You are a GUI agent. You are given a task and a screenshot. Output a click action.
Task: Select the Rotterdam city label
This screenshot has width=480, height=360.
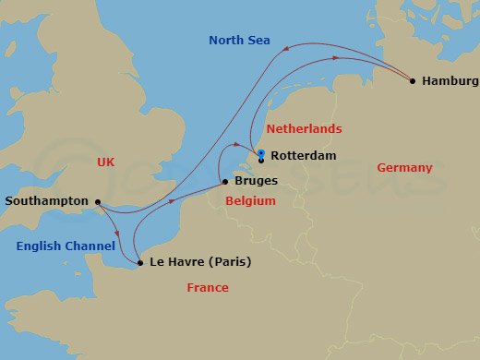(304, 156)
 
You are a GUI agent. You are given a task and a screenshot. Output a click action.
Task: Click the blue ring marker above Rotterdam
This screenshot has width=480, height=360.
(261, 153)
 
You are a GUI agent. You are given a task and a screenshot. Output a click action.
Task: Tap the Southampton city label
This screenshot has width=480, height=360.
(46, 201)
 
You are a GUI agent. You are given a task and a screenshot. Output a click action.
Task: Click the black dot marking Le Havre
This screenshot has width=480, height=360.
(140, 263)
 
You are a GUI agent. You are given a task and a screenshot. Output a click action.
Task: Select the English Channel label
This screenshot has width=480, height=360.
(66, 246)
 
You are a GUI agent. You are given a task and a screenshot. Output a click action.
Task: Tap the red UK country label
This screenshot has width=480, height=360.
(107, 162)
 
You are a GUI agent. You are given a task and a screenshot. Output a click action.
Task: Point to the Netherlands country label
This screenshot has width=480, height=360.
(304, 129)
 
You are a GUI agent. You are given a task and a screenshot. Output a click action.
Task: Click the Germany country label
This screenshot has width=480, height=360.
(404, 168)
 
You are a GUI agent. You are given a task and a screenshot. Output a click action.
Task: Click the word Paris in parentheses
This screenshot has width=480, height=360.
(227, 262)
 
